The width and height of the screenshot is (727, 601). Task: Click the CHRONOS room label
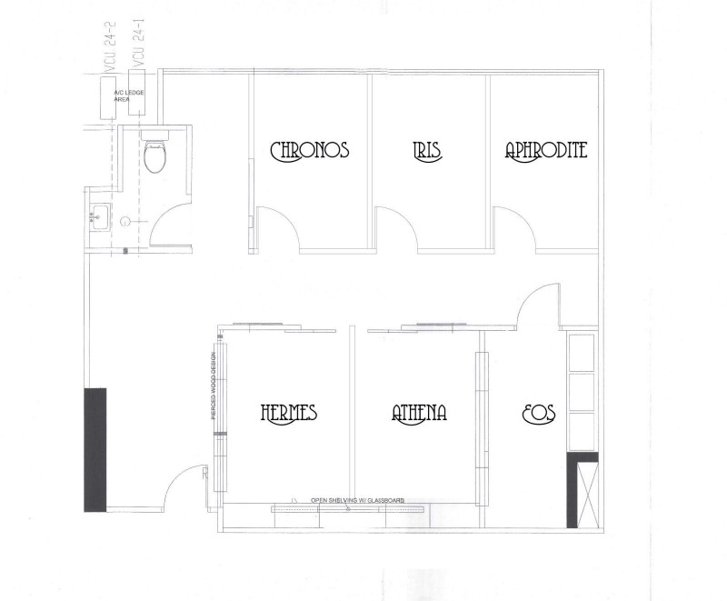[310, 151]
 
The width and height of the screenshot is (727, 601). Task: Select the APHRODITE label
[546, 151]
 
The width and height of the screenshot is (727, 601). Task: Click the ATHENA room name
[419, 413]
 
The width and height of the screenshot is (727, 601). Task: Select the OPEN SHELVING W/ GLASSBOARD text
[358, 500]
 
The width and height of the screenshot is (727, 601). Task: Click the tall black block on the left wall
[95, 449]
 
